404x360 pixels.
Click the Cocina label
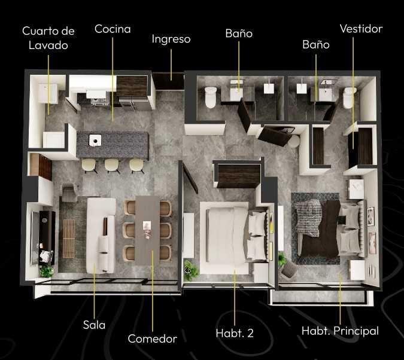pyautogui.click(x=113, y=29)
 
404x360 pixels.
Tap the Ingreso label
pyautogui.click(x=171, y=39)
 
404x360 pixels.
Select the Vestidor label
pyautogui.click(x=361, y=29)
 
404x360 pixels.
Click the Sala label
pyautogui.click(x=94, y=325)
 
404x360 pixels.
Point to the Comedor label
pyautogui.click(x=152, y=338)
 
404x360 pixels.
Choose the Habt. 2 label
pyautogui.click(x=235, y=333)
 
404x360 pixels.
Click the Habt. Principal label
pyautogui.click(x=340, y=331)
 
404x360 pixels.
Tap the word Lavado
pyautogui.click(x=48, y=45)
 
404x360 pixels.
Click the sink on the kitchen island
pyautogui.click(x=95, y=141)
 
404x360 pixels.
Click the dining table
pyautogui.click(x=147, y=228)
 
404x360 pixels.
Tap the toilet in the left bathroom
pyautogui.click(x=211, y=97)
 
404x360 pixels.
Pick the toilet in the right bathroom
pyautogui.click(x=349, y=97)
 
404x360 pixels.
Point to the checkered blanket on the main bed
pyautogui.click(x=309, y=217)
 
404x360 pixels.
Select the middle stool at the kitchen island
pyautogui.click(x=112, y=165)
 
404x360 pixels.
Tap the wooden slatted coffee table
pyautogui.click(x=69, y=239)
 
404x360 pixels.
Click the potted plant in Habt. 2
pyautogui.click(x=191, y=270)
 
